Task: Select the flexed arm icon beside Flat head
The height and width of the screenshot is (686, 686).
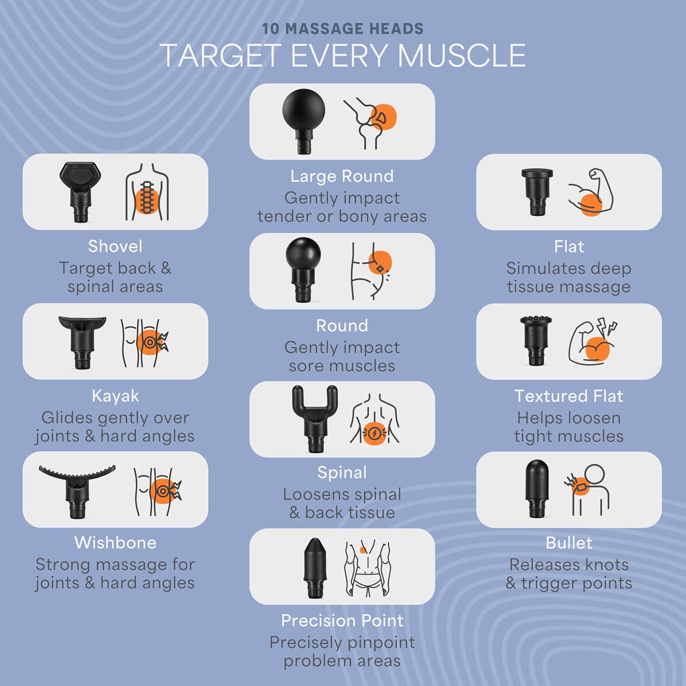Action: tap(591, 192)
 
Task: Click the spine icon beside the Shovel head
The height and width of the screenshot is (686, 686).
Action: tap(147, 192)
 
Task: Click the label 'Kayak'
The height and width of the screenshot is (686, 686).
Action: tap(115, 396)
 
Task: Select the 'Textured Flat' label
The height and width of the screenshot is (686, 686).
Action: tap(568, 396)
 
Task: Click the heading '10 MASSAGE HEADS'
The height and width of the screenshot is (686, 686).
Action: tap(343, 29)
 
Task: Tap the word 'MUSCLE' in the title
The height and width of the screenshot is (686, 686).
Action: tap(462, 56)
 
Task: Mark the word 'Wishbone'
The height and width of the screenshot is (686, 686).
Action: tap(115, 543)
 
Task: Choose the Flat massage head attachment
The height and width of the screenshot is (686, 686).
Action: tap(537, 191)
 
